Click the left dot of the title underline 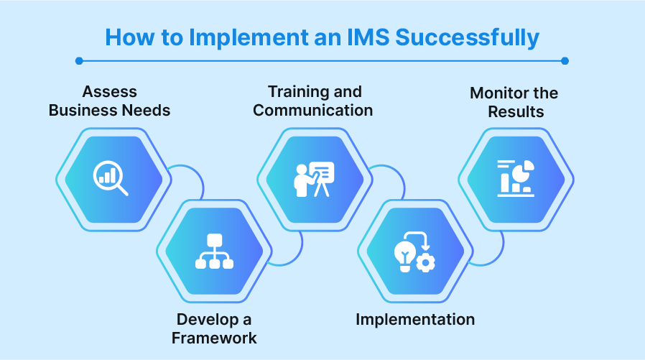[79, 61]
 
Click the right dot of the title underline [565, 61]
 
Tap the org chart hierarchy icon [214, 252]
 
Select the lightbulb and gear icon [415, 252]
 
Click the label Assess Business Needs [109, 101]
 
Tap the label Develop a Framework [214, 328]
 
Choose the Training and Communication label [313, 101]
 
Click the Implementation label [415, 320]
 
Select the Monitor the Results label [514, 103]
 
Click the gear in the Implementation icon [426, 263]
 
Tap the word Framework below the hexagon [214, 338]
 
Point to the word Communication [313, 111]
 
